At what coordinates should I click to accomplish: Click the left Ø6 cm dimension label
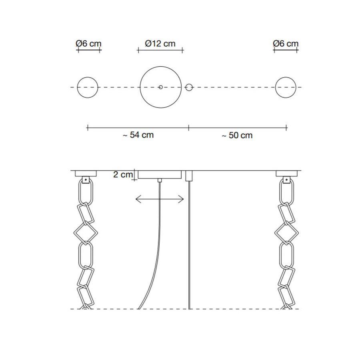[x=88, y=43]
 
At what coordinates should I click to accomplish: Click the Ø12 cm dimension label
[x=160, y=43]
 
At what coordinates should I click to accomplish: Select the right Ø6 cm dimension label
[x=286, y=43]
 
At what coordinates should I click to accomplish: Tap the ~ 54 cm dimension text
[x=138, y=135]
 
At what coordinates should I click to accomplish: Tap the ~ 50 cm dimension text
[x=237, y=135]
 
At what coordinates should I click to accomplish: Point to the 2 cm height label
[x=123, y=174]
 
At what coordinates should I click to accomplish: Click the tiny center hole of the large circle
[x=161, y=87]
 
